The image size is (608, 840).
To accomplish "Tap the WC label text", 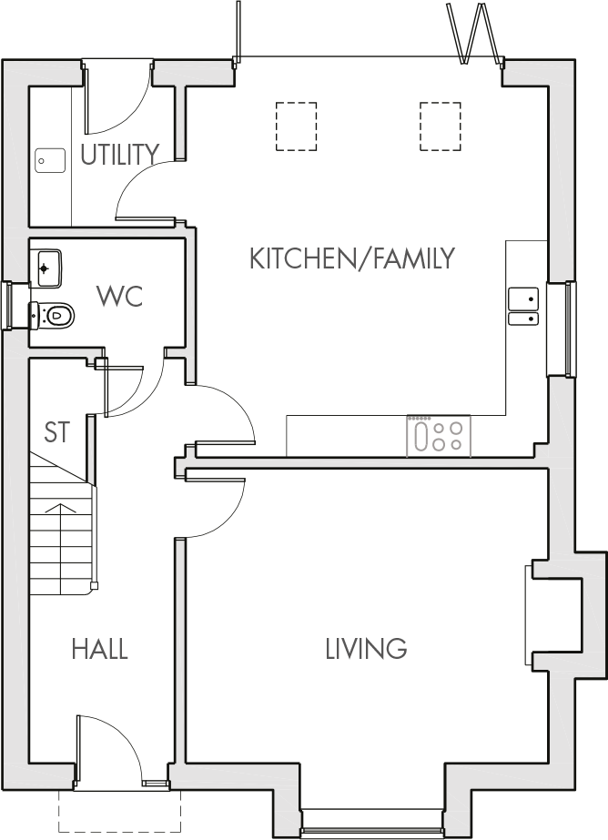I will [120, 297].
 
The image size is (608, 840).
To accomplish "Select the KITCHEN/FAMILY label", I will [351, 258].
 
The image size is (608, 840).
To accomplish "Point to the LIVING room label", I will [366, 649].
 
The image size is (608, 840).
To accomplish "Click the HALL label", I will [100, 649].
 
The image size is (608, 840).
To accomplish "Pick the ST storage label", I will [57, 433].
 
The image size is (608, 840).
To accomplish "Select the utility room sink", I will [49, 160].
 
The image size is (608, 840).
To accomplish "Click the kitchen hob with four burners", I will [439, 435].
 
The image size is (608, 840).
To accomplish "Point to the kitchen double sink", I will [522, 305].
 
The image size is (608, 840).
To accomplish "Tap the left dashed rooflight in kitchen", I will [296, 127].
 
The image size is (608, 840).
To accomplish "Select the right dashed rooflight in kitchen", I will [442, 127].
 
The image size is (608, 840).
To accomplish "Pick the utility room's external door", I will [118, 96].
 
